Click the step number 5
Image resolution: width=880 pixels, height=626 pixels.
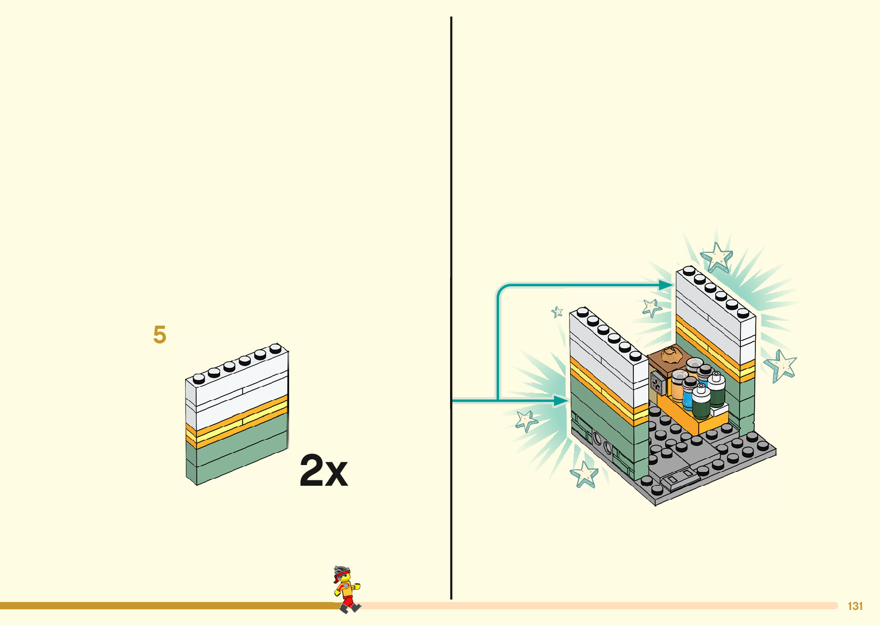[x=160, y=335]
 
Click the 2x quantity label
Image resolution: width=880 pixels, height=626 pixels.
[x=324, y=471]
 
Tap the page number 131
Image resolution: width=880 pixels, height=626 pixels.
[x=855, y=606]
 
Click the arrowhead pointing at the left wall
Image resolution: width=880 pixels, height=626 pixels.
[x=560, y=401]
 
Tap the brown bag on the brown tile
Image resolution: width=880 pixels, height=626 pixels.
[x=670, y=355]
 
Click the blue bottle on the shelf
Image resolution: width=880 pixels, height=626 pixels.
[x=688, y=396]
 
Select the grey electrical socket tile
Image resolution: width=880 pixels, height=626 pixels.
[x=658, y=382]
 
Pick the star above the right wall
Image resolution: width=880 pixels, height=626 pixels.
[x=716, y=256]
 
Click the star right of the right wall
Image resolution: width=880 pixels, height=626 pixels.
[x=781, y=366]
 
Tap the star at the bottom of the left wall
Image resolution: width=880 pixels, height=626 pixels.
[x=585, y=474]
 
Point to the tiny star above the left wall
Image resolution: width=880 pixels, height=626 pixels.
[x=557, y=312]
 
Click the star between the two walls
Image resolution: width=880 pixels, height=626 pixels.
[x=652, y=308]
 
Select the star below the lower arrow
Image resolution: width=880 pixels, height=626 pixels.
[x=526, y=420]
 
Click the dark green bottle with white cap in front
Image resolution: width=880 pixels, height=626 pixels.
[x=701, y=402]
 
